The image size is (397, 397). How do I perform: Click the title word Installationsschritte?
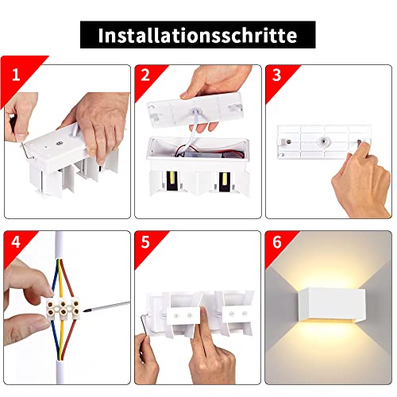tap(198, 36)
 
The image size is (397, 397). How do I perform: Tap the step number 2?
tap(145, 75)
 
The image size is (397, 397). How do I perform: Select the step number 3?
tap(276, 75)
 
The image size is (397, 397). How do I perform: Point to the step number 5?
tap(145, 242)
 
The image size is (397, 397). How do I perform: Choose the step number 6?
tap(276, 242)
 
